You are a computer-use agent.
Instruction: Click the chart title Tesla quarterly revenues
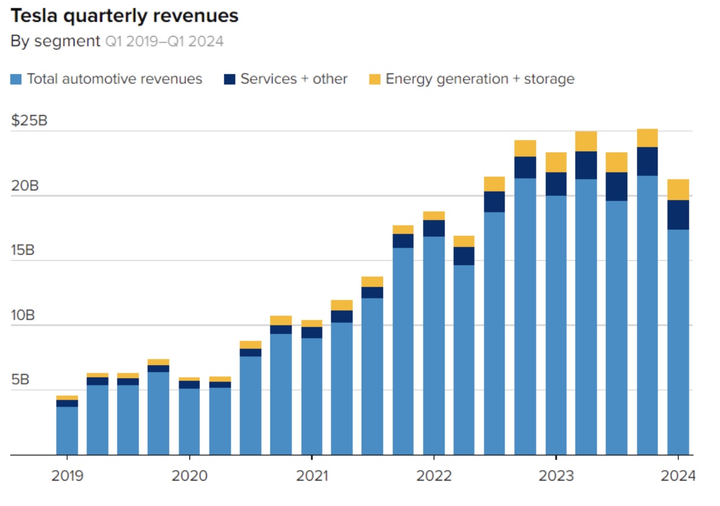coord(125,16)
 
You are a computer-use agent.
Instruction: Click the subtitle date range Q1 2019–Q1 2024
coord(164,42)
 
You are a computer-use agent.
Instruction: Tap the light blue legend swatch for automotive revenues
coord(17,79)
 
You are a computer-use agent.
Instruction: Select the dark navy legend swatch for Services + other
coord(230,79)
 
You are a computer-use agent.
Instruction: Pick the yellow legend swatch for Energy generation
coord(375,79)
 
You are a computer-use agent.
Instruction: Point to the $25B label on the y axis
coord(30,121)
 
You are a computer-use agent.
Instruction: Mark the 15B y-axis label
coord(23,251)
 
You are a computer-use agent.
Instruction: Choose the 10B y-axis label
coord(23,316)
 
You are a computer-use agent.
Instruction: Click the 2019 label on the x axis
coord(67,475)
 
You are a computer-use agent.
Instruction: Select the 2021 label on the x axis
coord(312,475)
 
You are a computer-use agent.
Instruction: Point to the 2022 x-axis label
coord(434,475)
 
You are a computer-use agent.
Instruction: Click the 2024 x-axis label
coord(678,475)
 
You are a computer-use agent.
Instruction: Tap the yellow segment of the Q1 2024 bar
coord(678,189)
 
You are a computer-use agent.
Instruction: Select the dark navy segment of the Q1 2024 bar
coord(678,215)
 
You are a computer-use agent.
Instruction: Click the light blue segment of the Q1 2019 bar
coord(67,431)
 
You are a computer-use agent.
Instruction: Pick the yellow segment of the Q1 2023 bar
coord(556,162)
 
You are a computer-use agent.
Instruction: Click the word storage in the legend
coord(549,79)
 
